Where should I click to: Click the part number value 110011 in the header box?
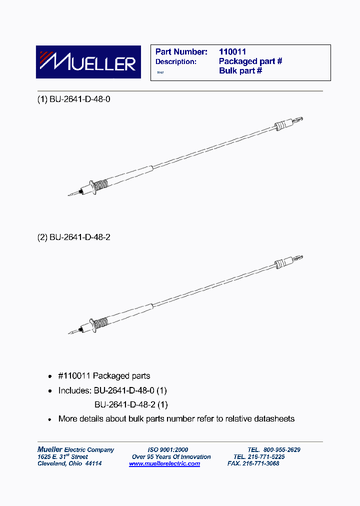[232, 51]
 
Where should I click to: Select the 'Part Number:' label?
[181, 51]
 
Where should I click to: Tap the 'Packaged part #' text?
[250, 61]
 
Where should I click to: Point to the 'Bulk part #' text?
[240, 70]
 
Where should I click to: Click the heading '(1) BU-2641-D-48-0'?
[74, 99]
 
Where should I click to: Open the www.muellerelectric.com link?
[164, 463]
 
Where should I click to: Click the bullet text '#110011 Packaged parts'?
[104, 376]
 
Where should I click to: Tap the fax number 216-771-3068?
[260, 463]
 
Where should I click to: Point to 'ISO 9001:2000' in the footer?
[168, 449]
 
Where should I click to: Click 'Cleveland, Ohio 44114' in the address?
[69, 463]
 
